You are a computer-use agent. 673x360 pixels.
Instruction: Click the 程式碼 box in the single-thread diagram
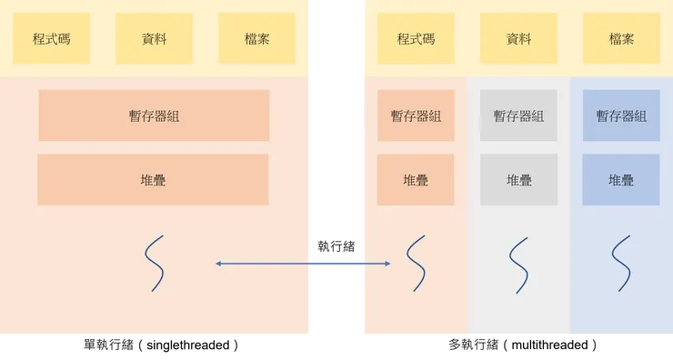click(51, 39)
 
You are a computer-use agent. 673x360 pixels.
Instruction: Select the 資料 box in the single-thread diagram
click(154, 39)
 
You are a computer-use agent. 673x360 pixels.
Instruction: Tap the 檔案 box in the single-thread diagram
click(256, 39)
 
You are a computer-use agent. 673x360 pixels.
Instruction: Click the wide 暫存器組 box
click(154, 115)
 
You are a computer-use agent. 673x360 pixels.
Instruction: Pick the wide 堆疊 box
click(153, 180)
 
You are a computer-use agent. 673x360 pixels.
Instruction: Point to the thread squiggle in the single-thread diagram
click(155, 264)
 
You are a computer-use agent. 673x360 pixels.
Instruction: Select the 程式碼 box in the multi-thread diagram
click(416, 39)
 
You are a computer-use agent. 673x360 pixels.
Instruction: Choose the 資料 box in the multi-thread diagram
click(518, 39)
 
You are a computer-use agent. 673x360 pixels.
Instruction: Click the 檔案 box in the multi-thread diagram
click(621, 39)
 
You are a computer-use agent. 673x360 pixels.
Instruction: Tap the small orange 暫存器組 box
click(416, 115)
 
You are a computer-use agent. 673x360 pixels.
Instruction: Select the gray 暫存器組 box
click(518, 115)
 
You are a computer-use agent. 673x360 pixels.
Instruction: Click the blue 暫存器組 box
click(621, 115)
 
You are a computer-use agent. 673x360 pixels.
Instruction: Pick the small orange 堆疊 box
click(416, 180)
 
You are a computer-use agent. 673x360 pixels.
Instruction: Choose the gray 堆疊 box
click(518, 180)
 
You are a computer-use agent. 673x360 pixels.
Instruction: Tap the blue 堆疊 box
click(621, 180)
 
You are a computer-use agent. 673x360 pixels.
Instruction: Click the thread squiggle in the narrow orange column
click(416, 264)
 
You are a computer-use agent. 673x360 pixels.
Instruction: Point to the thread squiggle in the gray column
click(518, 264)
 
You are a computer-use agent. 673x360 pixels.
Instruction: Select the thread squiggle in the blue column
click(621, 264)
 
